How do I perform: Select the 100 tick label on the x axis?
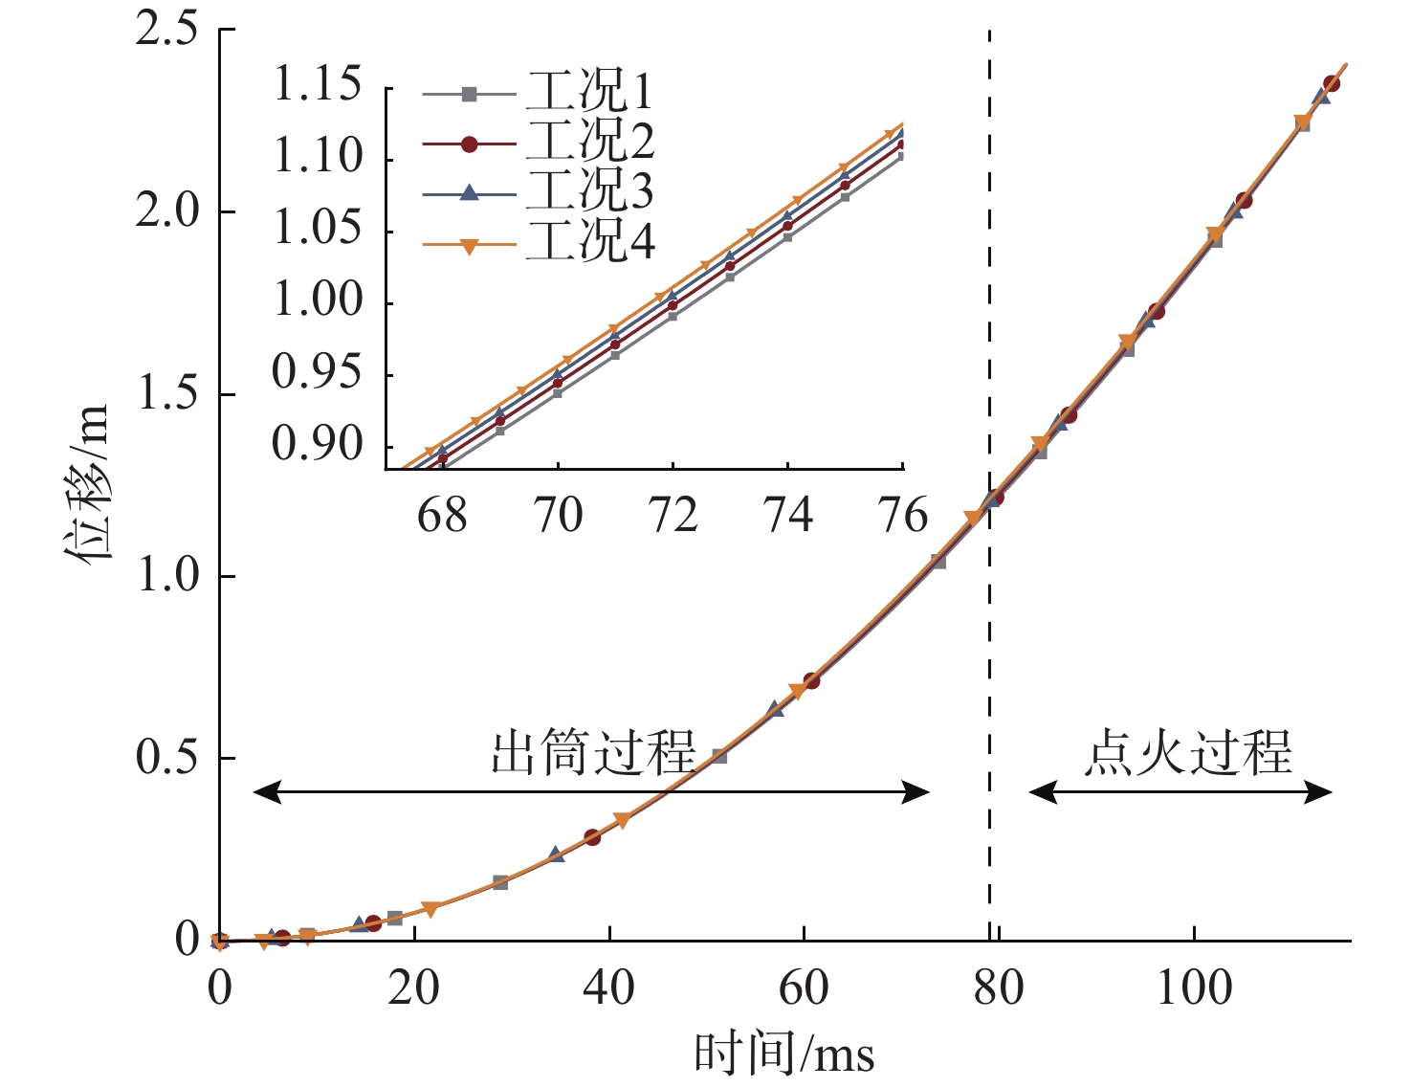point(1194,987)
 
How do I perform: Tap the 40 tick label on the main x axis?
point(609,987)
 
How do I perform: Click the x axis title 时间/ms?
point(783,1054)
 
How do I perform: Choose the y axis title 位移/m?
point(88,482)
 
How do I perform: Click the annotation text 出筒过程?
point(593,753)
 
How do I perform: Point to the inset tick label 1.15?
point(318,85)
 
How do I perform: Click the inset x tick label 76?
point(902,517)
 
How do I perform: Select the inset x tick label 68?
point(442,517)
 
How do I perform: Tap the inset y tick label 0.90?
point(318,444)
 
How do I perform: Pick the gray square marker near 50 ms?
point(719,756)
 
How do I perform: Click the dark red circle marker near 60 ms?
point(811,681)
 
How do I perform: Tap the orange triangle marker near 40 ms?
point(622,820)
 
